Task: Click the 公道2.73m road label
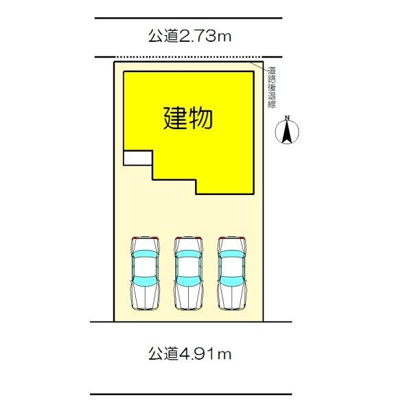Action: (189, 36)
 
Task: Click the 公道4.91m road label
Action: (189, 355)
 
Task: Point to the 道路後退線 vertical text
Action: (272, 86)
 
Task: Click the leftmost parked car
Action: (145, 273)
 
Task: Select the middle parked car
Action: (188, 273)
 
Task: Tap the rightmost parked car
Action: (231, 273)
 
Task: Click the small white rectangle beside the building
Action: (137, 157)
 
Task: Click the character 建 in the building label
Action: (174, 118)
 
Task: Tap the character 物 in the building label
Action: (201, 118)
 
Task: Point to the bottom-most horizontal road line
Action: (191, 394)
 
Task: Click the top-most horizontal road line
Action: (188, 18)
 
